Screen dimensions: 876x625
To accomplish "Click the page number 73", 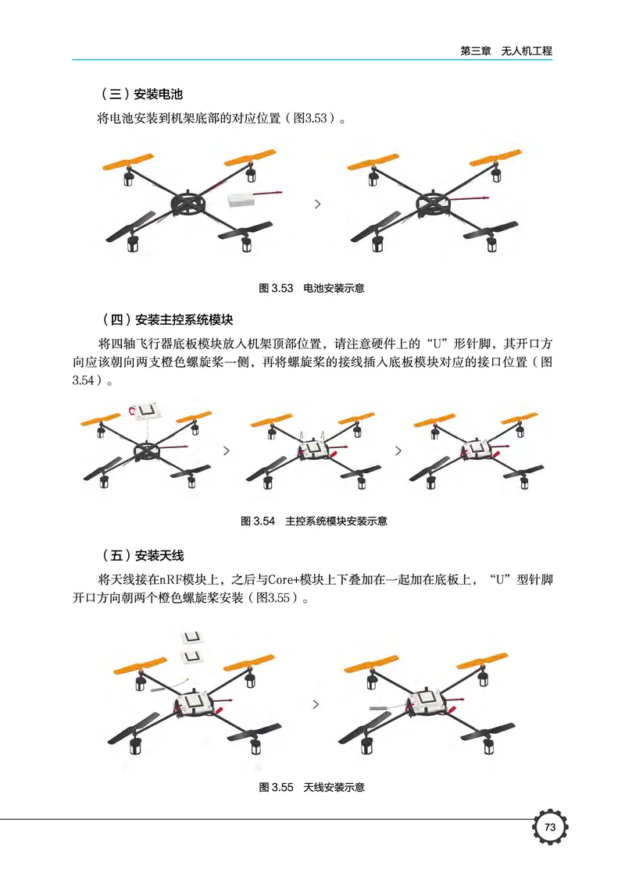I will click(x=549, y=828).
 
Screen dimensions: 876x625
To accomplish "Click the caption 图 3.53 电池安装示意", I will click(x=311, y=288).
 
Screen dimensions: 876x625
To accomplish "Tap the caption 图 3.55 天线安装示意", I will click(x=311, y=787).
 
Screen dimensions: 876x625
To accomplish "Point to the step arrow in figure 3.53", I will click(x=316, y=204).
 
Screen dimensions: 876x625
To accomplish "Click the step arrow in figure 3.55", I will click(x=316, y=704).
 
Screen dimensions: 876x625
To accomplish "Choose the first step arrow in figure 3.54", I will click(x=227, y=451).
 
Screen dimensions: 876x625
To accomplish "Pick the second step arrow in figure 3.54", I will click(x=398, y=451).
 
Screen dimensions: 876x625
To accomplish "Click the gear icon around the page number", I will click(x=549, y=828).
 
